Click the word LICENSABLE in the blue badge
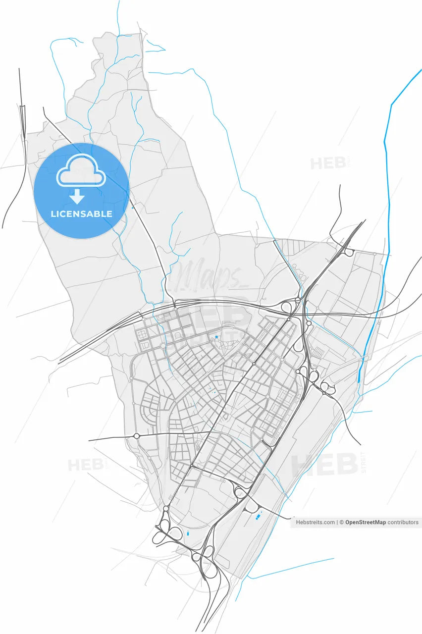coord(81,214)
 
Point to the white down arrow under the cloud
coord(77,197)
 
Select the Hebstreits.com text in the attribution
coord(315,522)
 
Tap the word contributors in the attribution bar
coord(403,522)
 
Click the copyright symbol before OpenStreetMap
coord(341,522)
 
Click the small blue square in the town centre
coord(216,337)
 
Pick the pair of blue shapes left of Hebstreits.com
coord(258,517)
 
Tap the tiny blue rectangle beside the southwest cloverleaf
coord(188,533)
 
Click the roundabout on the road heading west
coord(136,436)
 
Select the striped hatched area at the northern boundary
coord(292,247)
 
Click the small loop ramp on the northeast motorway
coord(349,253)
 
